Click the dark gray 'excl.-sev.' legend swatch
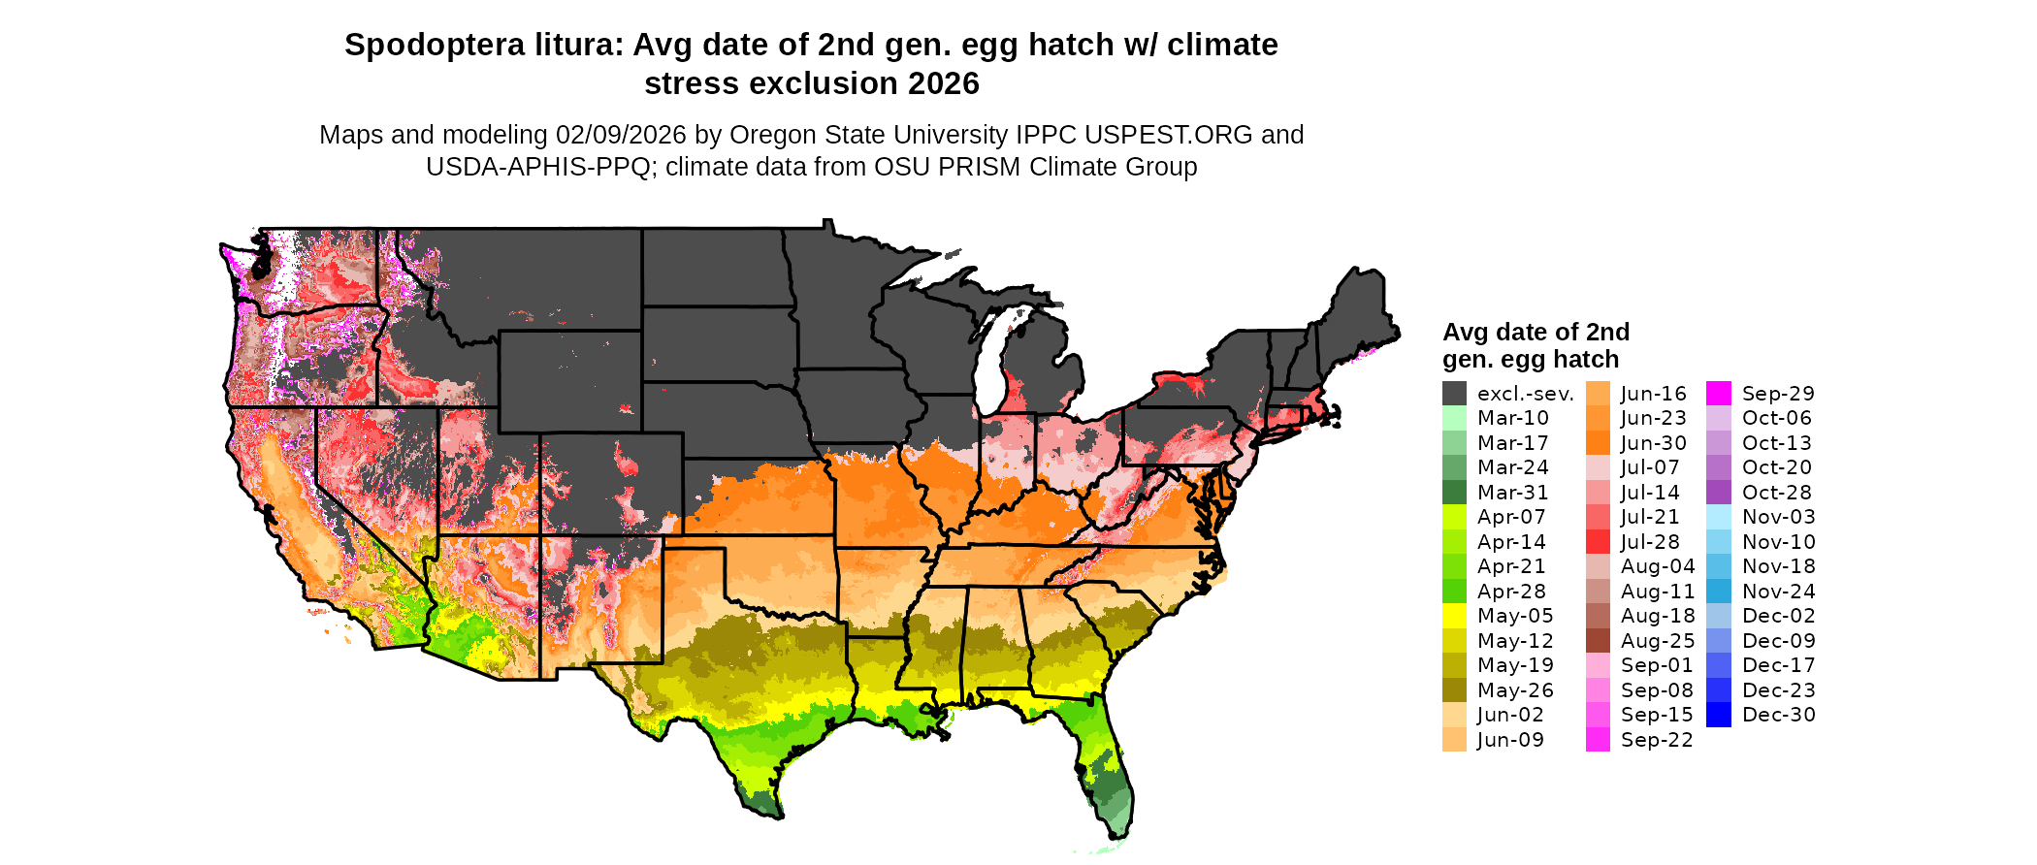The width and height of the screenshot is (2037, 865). click(x=1454, y=394)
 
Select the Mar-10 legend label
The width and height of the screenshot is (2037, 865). click(x=1512, y=418)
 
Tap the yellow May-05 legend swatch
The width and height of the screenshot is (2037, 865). click(x=1454, y=616)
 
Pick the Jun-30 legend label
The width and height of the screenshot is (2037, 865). click(x=1653, y=443)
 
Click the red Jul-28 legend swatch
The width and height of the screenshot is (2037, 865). click(x=1598, y=542)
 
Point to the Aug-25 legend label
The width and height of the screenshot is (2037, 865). click(x=1657, y=641)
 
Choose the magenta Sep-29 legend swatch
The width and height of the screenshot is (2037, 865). click(x=1718, y=394)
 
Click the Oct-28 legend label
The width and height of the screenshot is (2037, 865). click(x=1776, y=493)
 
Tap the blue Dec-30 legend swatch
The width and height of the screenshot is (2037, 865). click(x=1718, y=715)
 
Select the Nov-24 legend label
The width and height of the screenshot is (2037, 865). click(x=1778, y=592)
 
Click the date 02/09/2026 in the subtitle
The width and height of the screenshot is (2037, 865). click(x=620, y=135)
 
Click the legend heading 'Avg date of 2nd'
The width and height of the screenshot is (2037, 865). click(x=1535, y=333)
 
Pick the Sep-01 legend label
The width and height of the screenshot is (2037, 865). click(x=1656, y=665)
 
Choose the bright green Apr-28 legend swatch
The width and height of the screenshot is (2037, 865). click(x=1454, y=592)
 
